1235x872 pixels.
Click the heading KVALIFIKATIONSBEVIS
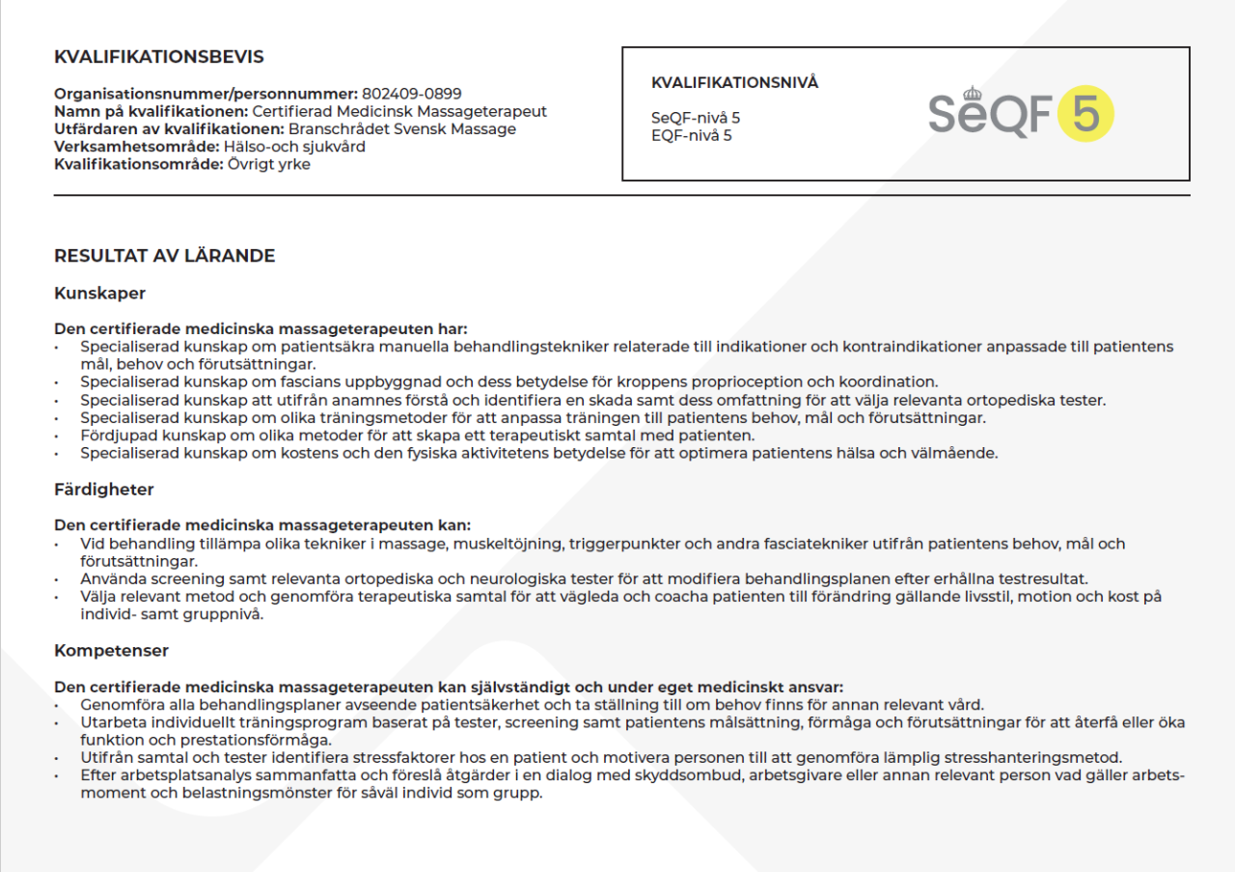pyautogui.click(x=158, y=57)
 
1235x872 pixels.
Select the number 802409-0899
pyautogui.click(x=412, y=94)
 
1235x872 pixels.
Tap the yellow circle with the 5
pyautogui.click(x=1085, y=114)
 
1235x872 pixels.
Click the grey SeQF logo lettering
pyautogui.click(x=990, y=114)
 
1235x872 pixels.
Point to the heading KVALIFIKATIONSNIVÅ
pyautogui.click(x=734, y=83)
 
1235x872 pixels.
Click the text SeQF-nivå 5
pyautogui.click(x=696, y=118)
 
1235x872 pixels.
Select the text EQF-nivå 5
pyautogui.click(x=691, y=135)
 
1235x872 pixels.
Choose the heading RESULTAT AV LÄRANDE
pyautogui.click(x=164, y=256)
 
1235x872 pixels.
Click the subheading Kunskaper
pyautogui.click(x=99, y=293)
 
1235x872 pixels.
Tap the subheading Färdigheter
pyautogui.click(x=104, y=490)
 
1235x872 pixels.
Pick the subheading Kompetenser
pyautogui.click(x=111, y=651)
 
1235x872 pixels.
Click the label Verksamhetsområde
pyautogui.click(x=136, y=147)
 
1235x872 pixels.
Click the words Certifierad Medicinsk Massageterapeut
pyautogui.click(x=399, y=112)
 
